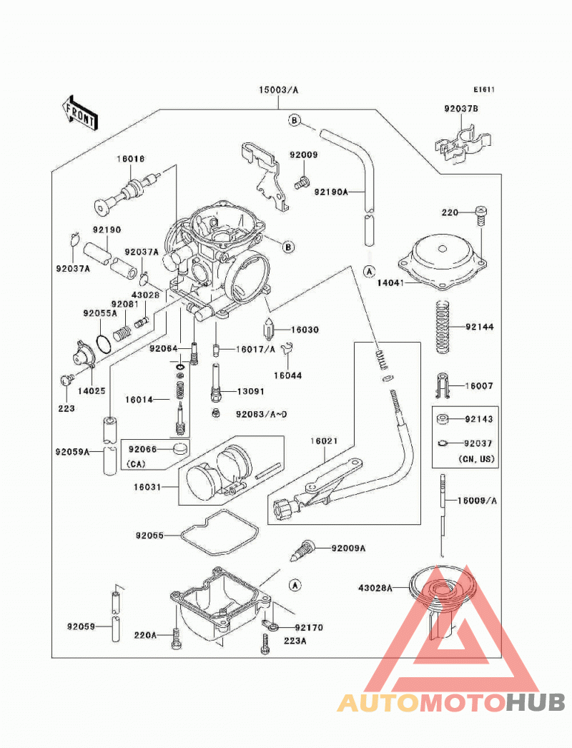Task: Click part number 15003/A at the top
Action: pyautogui.click(x=279, y=89)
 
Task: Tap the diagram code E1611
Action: pyautogui.click(x=484, y=89)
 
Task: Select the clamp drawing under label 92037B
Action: pyautogui.click(x=463, y=144)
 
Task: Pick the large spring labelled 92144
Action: pyautogui.click(x=443, y=327)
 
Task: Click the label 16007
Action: pyautogui.click(x=480, y=385)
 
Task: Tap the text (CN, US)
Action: pyautogui.click(x=476, y=459)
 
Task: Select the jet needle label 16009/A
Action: pyautogui.click(x=477, y=501)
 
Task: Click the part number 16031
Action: pyautogui.click(x=147, y=487)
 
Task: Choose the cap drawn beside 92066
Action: pyautogui.click(x=180, y=449)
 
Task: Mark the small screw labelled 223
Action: pyautogui.click(x=66, y=380)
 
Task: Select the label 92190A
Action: pyautogui.click(x=331, y=192)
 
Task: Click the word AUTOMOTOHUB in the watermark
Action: pyautogui.click(x=451, y=702)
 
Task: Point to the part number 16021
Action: pyautogui.click(x=324, y=441)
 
